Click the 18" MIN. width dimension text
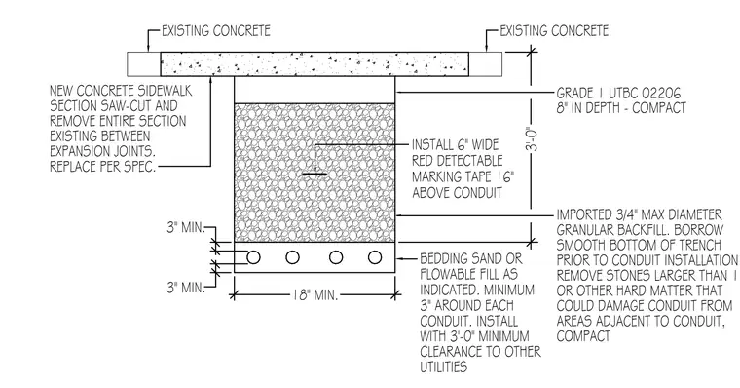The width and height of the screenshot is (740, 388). (x=314, y=295)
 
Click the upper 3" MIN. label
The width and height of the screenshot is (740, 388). (x=186, y=228)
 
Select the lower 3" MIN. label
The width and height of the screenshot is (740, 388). (x=186, y=288)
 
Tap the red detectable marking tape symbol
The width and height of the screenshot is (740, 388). (x=314, y=175)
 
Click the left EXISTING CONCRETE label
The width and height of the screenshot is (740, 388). (x=216, y=31)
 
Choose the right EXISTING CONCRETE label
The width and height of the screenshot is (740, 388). (x=554, y=31)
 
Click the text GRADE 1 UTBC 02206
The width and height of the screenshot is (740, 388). (x=619, y=94)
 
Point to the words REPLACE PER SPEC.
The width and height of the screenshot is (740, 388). (x=103, y=167)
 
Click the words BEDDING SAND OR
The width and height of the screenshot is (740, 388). (x=471, y=259)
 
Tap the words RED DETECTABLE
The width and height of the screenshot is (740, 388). (x=458, y=161)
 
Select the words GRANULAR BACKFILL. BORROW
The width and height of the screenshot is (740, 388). (x=640, y=230)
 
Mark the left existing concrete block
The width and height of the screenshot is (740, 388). (x=144, y=63)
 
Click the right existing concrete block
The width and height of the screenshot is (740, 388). (x=485, y=63)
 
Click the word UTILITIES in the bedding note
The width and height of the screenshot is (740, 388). (x=444, y=367)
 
